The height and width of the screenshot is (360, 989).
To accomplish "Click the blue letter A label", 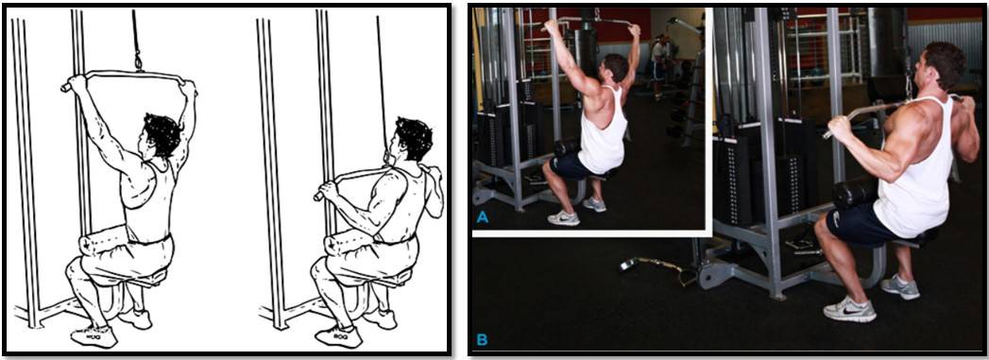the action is pos(483,217).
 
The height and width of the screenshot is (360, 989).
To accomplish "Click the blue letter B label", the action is pos(482,340).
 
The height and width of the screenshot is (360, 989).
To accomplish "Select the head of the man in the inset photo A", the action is pos(616,67).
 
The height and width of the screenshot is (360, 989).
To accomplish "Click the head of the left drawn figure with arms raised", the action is pos(161,135).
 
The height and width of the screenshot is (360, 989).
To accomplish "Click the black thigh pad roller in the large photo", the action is pos(855,192).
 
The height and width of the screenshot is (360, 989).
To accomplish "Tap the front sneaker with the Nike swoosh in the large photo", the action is pos(849,309).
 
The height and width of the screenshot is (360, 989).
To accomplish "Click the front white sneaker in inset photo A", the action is pos(563,217).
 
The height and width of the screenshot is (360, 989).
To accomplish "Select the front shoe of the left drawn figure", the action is pos(94,336).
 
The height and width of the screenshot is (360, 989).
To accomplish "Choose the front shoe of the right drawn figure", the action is pos(339,336).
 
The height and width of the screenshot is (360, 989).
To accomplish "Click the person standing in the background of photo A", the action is pos(658,65).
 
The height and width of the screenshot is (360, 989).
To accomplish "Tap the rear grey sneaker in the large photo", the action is pos(900,287).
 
